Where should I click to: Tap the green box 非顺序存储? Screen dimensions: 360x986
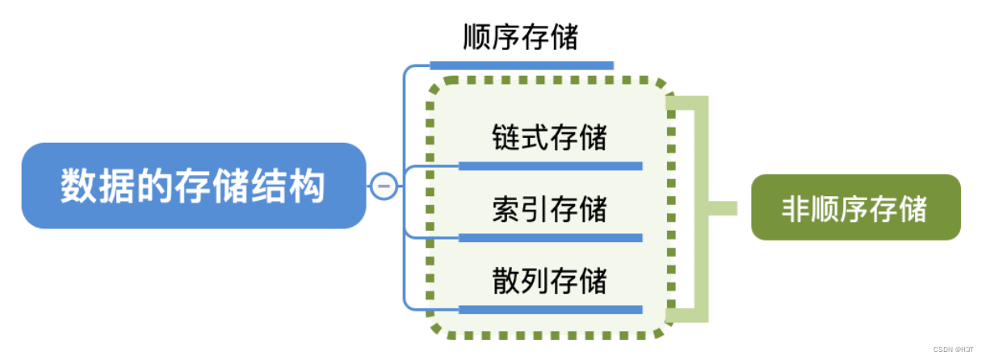pos(855,208)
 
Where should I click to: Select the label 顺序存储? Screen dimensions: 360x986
pos(521,36)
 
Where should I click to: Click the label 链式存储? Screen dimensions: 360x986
pos(549,137)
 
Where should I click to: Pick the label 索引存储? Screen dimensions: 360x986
pos(549,210)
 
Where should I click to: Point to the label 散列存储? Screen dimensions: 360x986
pos(549,282)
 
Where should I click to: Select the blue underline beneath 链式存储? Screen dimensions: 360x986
pos(550,166)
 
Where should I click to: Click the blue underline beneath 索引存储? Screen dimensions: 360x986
pos(550,238)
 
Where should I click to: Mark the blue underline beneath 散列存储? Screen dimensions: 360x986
pos(550,310)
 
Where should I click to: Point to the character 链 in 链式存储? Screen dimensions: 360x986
pos(506,137)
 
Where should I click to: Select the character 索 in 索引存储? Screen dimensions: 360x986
pos(506,210)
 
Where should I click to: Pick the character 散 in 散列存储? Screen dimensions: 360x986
pos(506,282)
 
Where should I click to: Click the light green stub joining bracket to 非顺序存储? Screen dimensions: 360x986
pos(723,208)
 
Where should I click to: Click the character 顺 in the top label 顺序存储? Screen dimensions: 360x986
pos(477,36)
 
